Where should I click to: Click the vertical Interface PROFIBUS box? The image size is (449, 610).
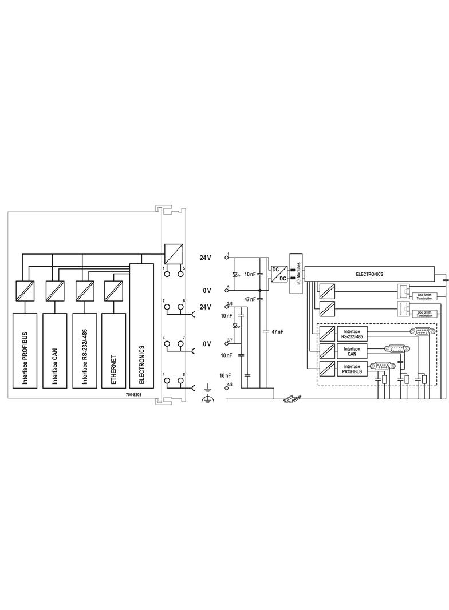click(25, 351)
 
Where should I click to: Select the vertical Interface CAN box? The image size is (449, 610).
click(55, 351)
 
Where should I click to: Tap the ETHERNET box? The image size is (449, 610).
click(114, 351)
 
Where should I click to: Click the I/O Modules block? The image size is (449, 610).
click(296, 274)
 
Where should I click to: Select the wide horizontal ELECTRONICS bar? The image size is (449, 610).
click(369, 274)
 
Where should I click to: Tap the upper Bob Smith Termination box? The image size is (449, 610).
click(424, 296)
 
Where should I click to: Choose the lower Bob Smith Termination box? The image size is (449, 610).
click(424, 314)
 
